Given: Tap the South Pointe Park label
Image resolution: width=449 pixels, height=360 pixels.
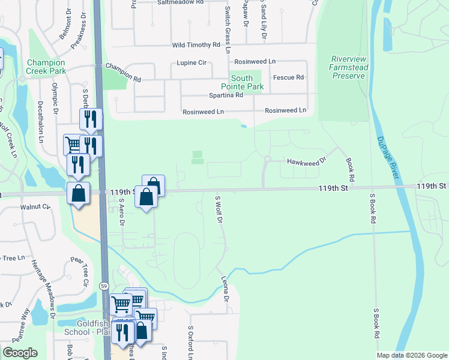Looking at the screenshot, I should point(246,83).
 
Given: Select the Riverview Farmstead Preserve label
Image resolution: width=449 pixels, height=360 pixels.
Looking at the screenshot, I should point(349,67).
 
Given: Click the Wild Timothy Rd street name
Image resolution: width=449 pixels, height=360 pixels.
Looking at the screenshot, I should point(196,45).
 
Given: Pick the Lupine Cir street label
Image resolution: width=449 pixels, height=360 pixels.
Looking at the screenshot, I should point(191,62).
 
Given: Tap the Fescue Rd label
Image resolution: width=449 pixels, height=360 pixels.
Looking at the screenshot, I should point(289,77).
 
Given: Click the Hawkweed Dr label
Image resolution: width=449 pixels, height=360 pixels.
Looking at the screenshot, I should point(306,161).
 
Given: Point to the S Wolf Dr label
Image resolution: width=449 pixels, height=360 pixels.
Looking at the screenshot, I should point(219,209).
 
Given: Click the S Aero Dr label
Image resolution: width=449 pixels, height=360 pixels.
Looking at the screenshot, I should point(121,212).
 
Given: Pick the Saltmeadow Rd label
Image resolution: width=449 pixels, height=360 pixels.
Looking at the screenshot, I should point(181,2).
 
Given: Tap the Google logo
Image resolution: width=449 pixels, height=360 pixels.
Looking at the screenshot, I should point(20,353).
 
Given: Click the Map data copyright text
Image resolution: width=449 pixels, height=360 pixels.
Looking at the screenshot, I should point(411,355).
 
